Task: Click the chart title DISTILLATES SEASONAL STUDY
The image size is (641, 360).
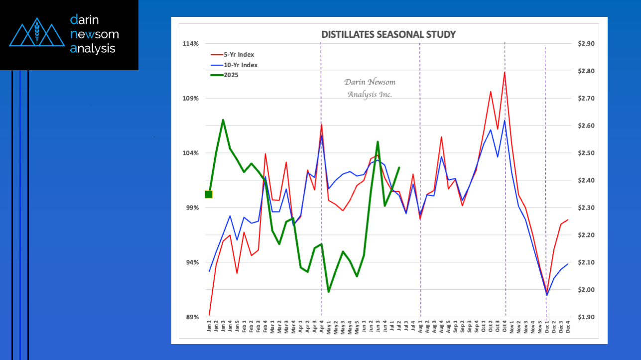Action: pyautogui.click(x=388, y=34)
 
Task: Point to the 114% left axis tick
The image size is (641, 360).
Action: pyautogui.click(x=191, y=44)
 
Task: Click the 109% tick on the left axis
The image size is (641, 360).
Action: pyautogui.click(x=191, y=99)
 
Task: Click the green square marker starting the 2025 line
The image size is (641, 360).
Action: pyautogui.click(x=209, y=194)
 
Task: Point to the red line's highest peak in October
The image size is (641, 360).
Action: pyautogui.click(x=505, y=72)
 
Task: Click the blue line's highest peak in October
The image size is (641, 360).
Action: pyautogui.click(x=505, y=120)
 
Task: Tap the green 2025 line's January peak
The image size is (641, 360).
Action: pyautogui.click(x=223, y=120)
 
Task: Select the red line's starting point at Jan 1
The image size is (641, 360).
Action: pyautogui.click(x=209, y=315)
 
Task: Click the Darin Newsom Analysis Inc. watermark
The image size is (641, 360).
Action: pyautogui.click(x=370, y=88)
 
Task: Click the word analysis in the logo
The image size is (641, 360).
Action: pyautogui.click(x=93, y=48)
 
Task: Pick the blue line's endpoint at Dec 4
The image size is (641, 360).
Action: pyautogui.click(x=567, y=264)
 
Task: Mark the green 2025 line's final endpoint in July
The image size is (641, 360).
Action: pyautogui.click(x=399, y=167)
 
